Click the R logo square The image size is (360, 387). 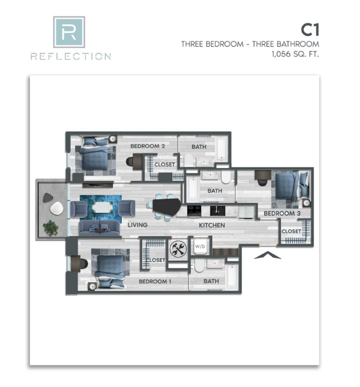69,32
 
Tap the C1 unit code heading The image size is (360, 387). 310,30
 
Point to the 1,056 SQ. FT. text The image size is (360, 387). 295,54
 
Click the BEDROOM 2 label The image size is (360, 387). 147,146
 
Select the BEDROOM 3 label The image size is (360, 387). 282,214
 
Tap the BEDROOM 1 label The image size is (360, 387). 155,281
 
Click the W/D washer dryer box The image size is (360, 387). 200,246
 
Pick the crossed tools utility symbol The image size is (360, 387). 178,249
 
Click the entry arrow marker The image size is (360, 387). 268,255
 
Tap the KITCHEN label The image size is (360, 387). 212,225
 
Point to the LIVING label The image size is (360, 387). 137,225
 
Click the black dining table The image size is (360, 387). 167,207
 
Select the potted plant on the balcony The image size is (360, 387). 50,228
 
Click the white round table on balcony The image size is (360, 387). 56,208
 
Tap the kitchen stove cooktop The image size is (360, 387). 194,211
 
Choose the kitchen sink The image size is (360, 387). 217,211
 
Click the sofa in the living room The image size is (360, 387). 99,228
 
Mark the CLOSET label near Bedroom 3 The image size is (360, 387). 291,231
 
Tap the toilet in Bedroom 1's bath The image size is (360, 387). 199,265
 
